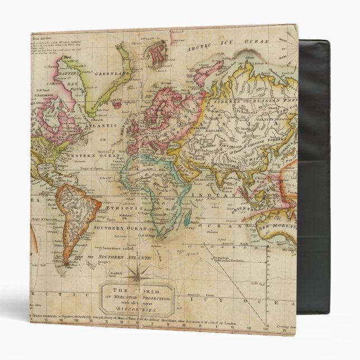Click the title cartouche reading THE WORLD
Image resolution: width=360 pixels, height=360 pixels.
pyautogui.click(x=136, y=296)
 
